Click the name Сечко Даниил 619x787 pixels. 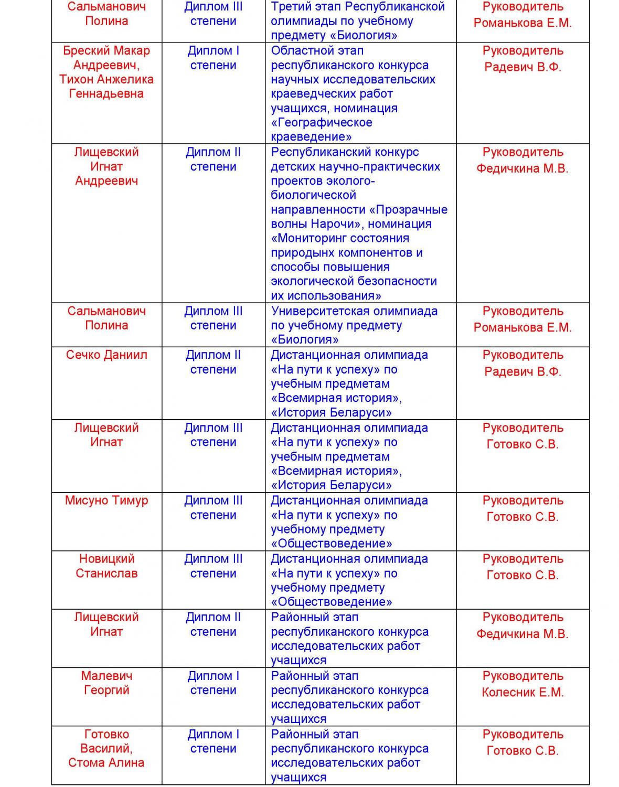[106, 355]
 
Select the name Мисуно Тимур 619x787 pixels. [106, 501]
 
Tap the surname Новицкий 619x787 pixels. [106, 559]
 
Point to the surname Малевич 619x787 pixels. [106, 676]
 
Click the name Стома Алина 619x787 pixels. [106, 763]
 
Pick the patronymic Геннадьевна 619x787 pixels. [106, 94]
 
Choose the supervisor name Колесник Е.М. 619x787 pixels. [522, 693]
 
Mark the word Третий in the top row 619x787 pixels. [290, 7]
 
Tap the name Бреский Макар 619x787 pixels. [106, 51]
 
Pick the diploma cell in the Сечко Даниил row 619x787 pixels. [213, 363]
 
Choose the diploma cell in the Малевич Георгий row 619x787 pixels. [213, 683]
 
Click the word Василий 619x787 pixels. [106, 749]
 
